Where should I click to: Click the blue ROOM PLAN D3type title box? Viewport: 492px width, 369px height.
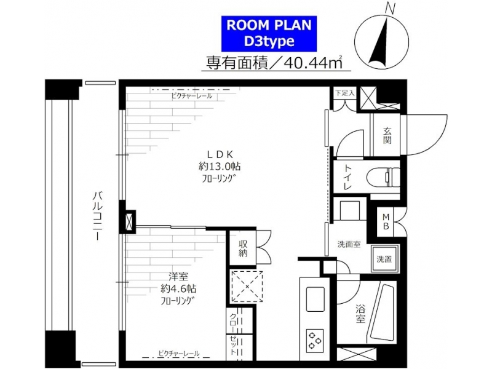(269, 34)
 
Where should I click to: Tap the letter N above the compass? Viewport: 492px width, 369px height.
(391, 9)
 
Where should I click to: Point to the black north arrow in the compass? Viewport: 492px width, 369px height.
(379, 42)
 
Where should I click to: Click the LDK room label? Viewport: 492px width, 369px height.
(220, 154)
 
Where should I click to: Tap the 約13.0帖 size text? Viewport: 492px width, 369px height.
(220, 166)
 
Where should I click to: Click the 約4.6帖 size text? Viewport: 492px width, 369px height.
(178, 288)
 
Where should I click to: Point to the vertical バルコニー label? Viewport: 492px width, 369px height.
(97, 216)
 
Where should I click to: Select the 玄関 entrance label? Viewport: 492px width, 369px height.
(387, 135)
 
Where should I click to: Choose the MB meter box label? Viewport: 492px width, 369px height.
(386, 221)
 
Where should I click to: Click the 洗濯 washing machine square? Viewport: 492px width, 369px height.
(385, 259)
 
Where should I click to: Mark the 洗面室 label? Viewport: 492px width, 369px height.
(349, 244)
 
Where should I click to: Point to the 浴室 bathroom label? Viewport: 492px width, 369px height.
(360, 314)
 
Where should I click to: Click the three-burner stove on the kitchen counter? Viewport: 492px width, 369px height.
(315, 339)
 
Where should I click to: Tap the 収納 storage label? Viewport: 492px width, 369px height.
(243, 248)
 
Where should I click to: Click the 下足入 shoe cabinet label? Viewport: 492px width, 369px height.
(344, 93)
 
